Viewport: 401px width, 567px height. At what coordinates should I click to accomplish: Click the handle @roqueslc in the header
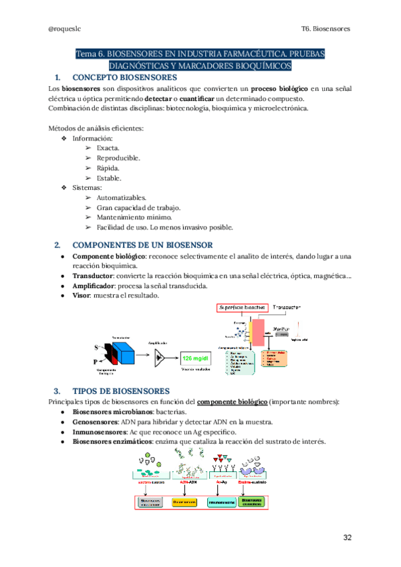(64, 29)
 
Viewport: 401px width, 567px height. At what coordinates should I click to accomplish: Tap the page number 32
(347, 538)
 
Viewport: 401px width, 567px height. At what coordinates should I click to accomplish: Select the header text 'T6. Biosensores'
(326, 29)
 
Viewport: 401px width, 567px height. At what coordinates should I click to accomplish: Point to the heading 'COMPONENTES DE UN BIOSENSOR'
(142, 245)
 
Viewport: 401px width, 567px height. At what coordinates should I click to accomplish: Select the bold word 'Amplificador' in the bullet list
(96, 286)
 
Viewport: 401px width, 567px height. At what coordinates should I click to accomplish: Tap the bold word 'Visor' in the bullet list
(82, 295)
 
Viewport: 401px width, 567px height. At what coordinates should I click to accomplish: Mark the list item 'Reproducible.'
(118, 157)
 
